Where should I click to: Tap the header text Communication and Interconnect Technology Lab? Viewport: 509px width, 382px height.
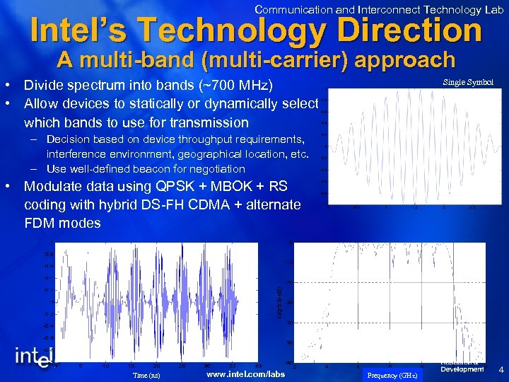pyautogui.click(x=379, y=9)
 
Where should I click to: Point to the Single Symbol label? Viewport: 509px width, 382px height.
pyautogui.click(x=468, y=83)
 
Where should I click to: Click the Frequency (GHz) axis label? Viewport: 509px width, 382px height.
pyautogui.click(x=392, y=375)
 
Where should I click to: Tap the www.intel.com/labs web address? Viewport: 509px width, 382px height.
pyautogui.click(x=245, y=374)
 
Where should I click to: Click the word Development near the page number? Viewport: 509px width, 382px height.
pyautogui.click(x=462, y=369)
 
